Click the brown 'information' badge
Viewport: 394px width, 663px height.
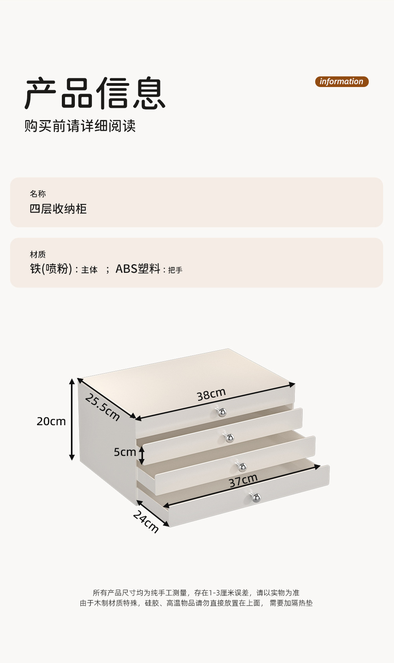342,81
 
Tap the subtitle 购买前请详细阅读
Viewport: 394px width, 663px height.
80,126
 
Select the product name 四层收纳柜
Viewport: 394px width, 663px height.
58,209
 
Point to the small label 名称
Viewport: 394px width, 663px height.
38,194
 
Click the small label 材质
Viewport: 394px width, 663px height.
38,254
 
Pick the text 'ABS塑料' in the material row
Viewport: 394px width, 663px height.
138,269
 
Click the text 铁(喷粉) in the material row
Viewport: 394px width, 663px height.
51,269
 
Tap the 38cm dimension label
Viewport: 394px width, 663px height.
211,394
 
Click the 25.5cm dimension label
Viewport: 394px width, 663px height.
102,407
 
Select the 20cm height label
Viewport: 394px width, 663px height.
51,421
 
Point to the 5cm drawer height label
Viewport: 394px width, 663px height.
125,452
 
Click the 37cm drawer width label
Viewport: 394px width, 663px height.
243,480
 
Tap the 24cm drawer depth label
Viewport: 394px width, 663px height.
146,521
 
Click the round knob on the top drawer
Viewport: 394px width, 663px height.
222,412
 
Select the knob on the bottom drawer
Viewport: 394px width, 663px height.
256,498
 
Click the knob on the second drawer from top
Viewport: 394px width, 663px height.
229,437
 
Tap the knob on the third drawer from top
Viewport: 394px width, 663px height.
242,467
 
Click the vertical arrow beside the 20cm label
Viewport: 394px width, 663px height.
72,419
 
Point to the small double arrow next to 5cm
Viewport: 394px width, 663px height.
142,455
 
